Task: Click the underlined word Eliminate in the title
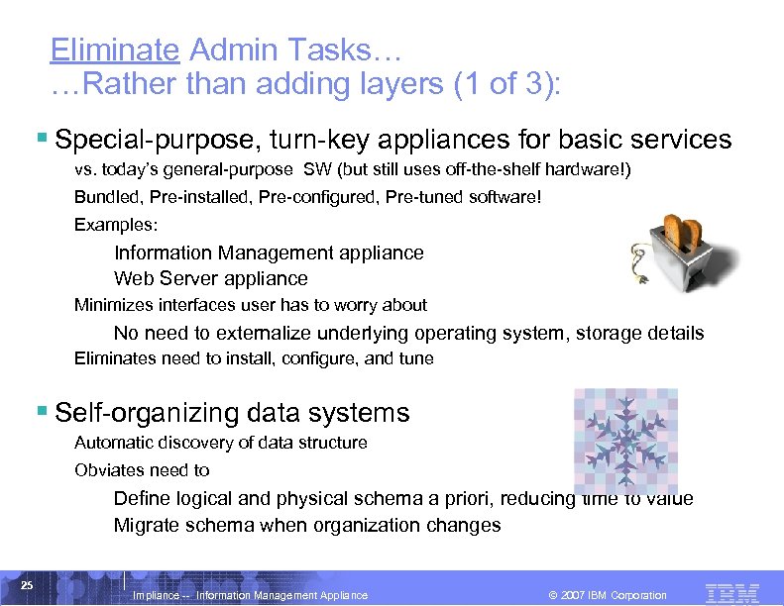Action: [x=114, y=50]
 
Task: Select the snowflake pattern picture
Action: [x=625, y=442]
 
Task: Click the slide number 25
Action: [x=28, y=585]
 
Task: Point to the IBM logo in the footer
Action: [x=731, y=593]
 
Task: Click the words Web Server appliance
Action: [x=211, y=278]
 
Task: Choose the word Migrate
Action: [x=147, y=525]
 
